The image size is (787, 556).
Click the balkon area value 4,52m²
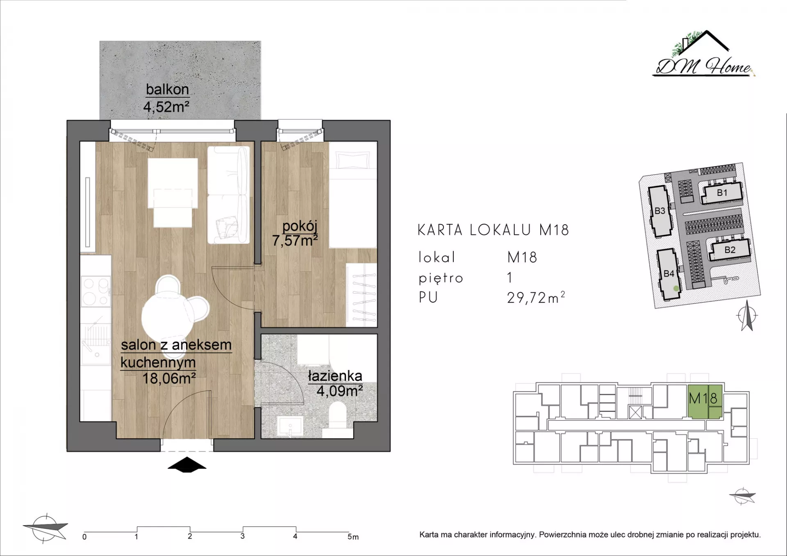coord(166,107)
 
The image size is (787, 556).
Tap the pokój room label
coord(300,226)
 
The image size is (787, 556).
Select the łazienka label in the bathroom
coord(335,376)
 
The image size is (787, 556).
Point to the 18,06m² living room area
coord(169,378)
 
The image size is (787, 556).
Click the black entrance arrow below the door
coord(187,464)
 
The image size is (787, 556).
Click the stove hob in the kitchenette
coord(96,291)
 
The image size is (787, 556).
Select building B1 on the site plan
coord(722,193)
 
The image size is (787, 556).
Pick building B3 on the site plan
coord(660,211)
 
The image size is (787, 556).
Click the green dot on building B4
coord(676,288)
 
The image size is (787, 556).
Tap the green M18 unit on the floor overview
coord(705,401)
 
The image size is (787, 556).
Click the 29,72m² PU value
coord(536,297)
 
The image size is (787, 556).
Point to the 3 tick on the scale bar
coord(243,536)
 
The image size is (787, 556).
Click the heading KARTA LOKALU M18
coord(494,230)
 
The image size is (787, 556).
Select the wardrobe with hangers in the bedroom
coord(362,294)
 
